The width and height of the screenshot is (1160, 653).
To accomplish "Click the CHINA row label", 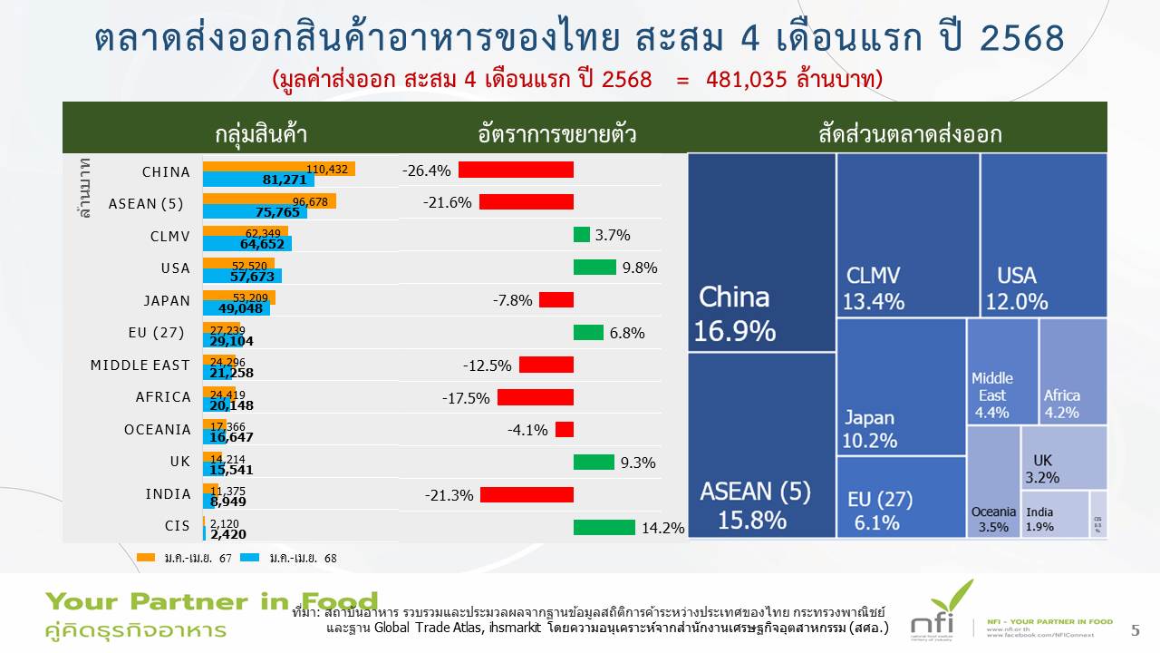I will (166, 172).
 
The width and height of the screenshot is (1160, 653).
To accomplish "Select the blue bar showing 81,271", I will (258, 180).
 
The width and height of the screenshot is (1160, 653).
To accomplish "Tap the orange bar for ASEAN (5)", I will (269, 200).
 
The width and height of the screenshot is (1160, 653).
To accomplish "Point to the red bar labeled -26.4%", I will (516, 170).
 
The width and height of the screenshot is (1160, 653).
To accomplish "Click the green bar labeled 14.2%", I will (604, 527).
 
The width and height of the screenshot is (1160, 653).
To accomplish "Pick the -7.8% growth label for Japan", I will (512, 300).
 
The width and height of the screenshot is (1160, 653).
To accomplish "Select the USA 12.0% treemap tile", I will (1043, 235).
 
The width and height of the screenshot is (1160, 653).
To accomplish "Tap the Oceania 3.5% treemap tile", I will (993, 481).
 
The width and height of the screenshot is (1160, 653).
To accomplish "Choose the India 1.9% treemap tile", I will (1055, 514).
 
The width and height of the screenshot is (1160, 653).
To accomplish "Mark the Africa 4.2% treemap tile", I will (1073, 371).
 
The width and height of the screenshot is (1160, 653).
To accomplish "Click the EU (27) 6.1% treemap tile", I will (900, 497).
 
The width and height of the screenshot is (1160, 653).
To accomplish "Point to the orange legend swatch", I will (145, 558).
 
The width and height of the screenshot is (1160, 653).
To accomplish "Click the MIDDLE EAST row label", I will (140, 365).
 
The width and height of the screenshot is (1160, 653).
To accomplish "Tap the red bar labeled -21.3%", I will (527, 494).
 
